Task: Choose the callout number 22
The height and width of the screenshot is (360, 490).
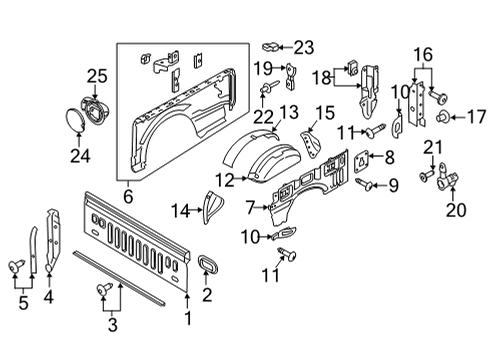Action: [x=264, y=118]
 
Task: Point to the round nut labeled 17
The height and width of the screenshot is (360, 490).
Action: [x=441, y=118]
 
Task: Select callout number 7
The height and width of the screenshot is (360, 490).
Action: [x=250, y=206]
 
